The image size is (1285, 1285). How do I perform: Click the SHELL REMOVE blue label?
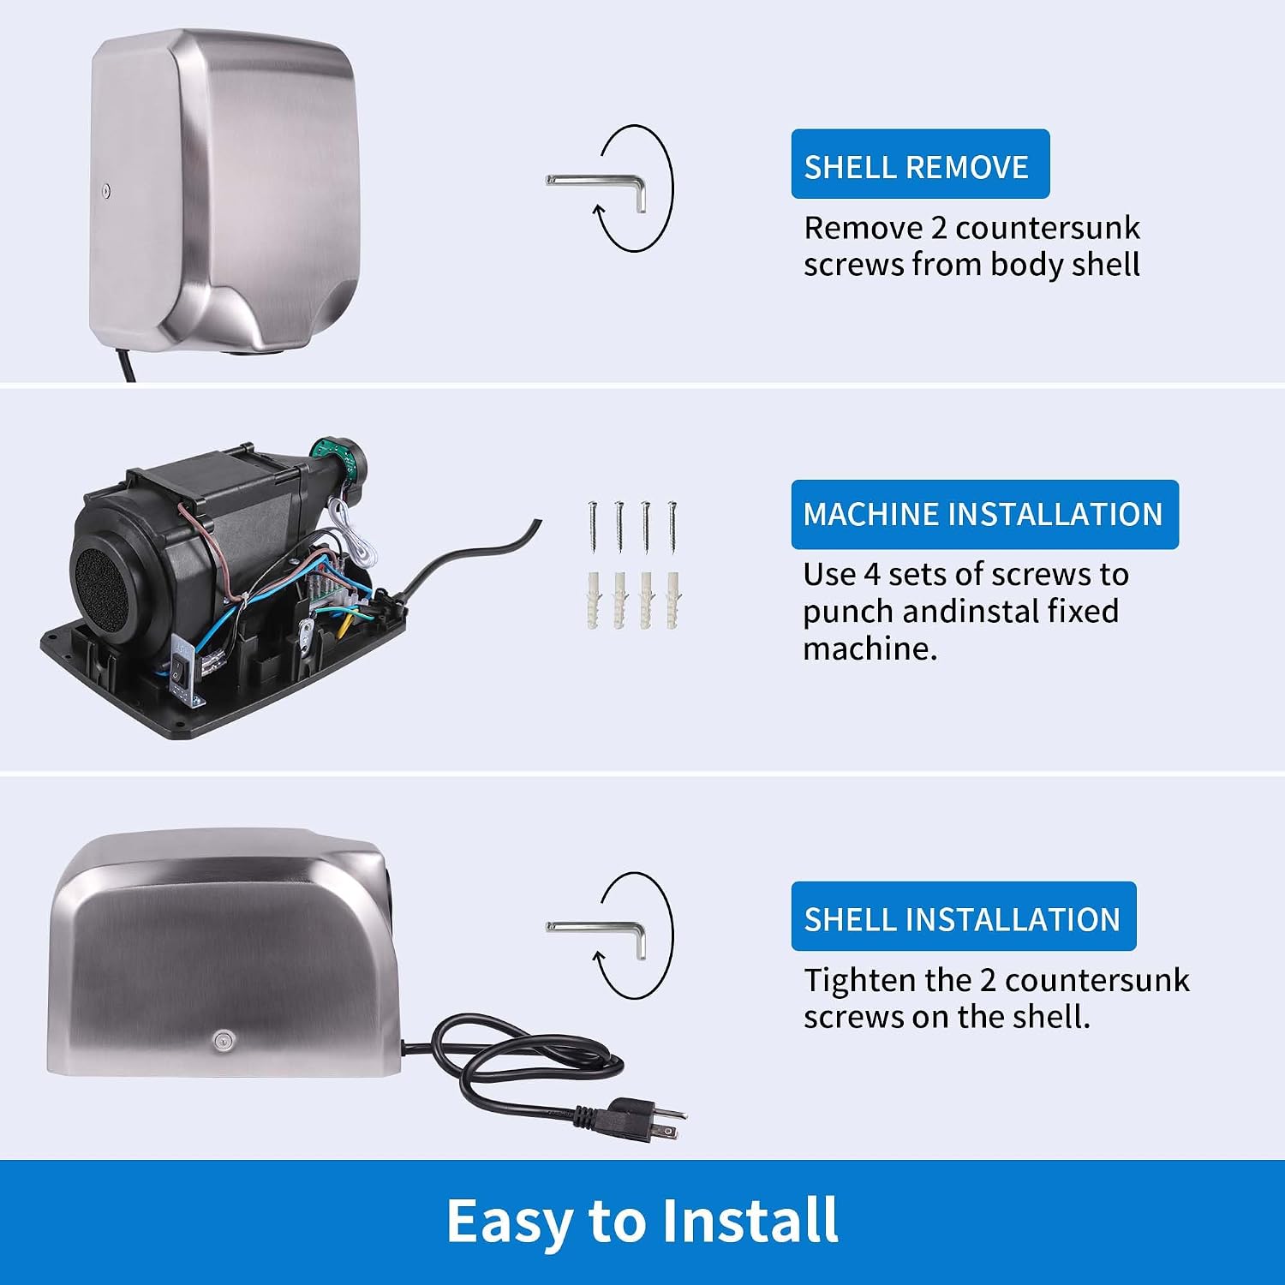point(920,164)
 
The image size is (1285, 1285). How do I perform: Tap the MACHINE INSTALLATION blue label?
point(984,514)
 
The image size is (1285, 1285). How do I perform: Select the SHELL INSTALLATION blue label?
point(963,917)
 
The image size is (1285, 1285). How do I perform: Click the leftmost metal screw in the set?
point(592,526)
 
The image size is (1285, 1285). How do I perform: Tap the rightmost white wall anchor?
point(673,599)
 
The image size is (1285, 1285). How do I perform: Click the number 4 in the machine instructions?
point(871,575)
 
